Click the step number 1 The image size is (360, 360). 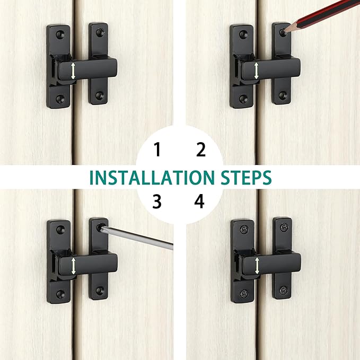pyautogui.click(x=157, y=149)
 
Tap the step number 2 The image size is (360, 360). pyautogui.click(x=201, y=149)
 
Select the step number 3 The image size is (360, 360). pyautogui.click(x=157, y=201)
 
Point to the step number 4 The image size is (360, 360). pyautogui.click(x=199, y=201)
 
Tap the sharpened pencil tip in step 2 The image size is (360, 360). pyautogui.click(x=285, y=31)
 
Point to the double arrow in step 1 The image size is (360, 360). pyautogui.click(x=73, y=71)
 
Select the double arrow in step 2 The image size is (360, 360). pyautogui.click(x=256, y=71)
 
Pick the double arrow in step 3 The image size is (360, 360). pyautogui.click(x=73, y=266)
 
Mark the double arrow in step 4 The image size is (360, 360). pyautogui.click(x=257, y=266)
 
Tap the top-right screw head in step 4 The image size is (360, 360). pyautogui.click(x=285, y=227)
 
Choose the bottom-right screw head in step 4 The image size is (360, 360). pyautogui.click(x=284, y=290)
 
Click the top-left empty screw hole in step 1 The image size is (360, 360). pyautogui.click(x=60, y=34)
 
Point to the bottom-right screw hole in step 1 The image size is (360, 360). pyautogui.click(x=99, y=95)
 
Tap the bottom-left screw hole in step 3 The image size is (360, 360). pyautogui.click(x=60, y=293)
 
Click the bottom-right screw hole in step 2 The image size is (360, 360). pyautogui.click(x=283, y=95)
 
